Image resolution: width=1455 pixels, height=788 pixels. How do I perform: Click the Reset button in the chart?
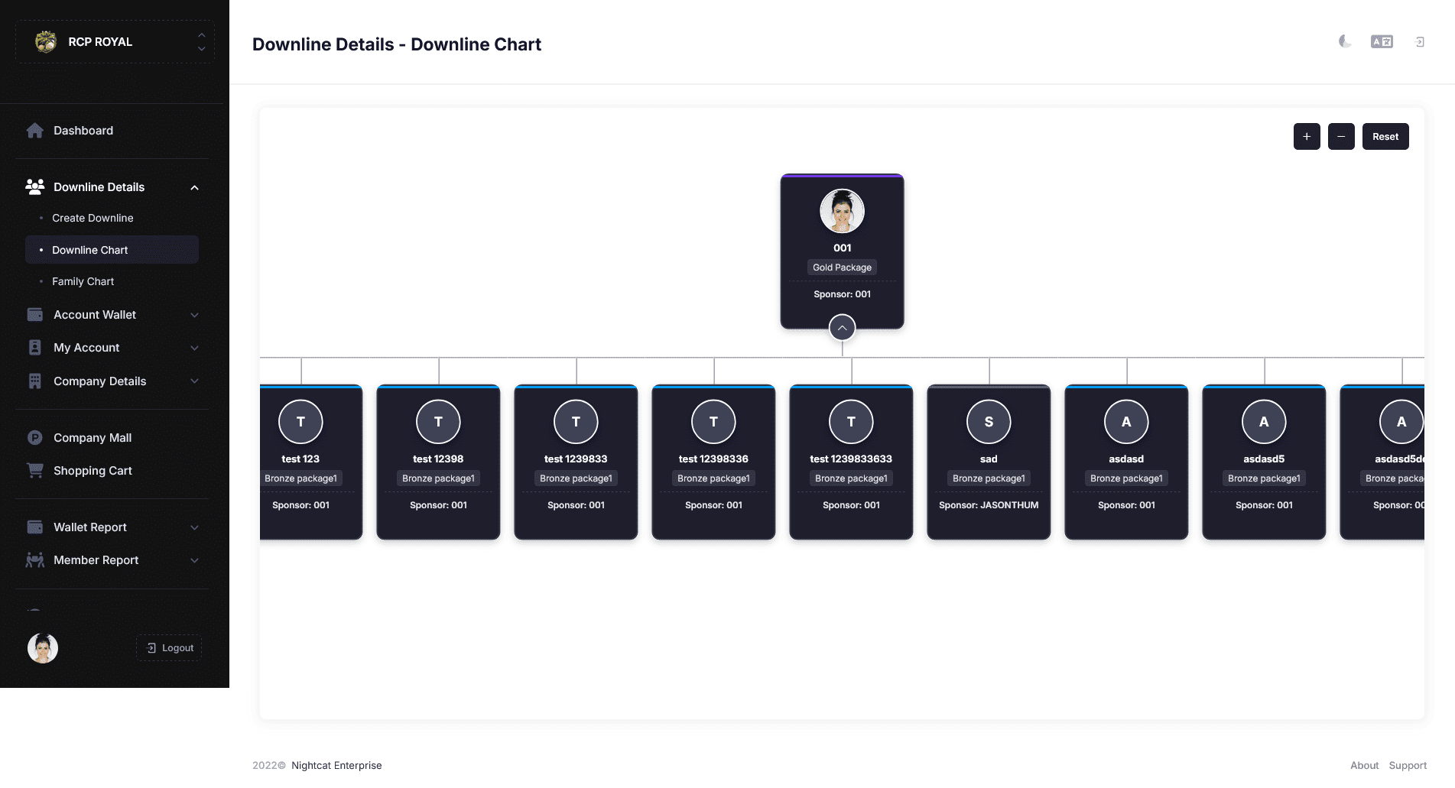(1385, 137)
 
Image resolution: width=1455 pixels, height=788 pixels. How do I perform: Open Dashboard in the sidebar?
(83, 131)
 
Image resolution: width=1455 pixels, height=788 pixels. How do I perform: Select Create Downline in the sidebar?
(93, 218)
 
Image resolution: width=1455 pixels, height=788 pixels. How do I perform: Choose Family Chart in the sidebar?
(83, 281)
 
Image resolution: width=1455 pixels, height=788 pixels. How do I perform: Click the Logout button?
(169, 648)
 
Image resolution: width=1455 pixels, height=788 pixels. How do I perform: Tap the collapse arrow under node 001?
(842, 328)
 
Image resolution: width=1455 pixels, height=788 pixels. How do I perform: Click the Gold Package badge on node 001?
(842, 268)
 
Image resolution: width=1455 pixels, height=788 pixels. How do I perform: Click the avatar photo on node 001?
(842, 211)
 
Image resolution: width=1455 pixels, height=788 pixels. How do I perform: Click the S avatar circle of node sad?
(989, 422)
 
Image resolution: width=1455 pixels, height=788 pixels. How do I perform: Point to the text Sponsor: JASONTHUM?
(989, 505)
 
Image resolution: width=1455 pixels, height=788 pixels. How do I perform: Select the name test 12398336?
(713, 459)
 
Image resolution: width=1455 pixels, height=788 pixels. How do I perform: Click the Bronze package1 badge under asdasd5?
(1264, 478)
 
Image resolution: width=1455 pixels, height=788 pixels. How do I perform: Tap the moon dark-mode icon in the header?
(1345, 41)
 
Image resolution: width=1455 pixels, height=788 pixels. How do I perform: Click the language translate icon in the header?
(1382, 41)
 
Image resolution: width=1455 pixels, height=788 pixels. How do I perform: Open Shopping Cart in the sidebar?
(93, 471)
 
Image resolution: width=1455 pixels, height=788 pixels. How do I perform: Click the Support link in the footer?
(1408, 765)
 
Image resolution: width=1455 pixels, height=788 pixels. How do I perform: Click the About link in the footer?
(1364, 765)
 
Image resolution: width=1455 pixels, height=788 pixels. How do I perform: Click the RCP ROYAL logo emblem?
(46, 41)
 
